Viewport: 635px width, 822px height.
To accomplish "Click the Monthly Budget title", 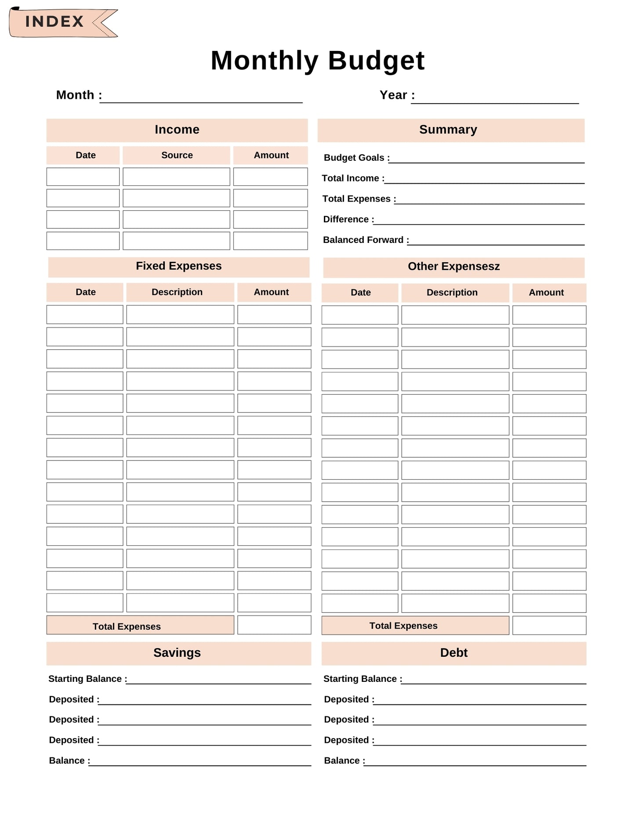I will tap(317, 60).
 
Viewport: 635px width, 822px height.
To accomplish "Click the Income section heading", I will tap(177, 130).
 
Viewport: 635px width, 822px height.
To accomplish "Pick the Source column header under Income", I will tap(177, 155).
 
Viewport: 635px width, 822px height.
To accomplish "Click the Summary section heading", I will tap(448, 130).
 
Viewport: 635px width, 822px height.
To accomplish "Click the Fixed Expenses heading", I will tap(178, 266).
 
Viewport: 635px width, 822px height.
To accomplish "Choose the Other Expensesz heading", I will tap(454, 267).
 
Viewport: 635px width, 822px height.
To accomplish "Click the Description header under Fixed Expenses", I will tap(177, 292).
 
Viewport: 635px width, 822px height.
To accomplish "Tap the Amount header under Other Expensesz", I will tap(546, 293).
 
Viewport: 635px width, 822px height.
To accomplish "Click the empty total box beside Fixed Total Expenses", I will tap(274, 625).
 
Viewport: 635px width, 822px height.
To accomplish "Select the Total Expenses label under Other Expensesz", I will tap(403, 626).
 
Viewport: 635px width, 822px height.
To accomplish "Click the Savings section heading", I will tap(177, 653).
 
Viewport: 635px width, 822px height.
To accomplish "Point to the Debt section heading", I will tap(454, 653).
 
